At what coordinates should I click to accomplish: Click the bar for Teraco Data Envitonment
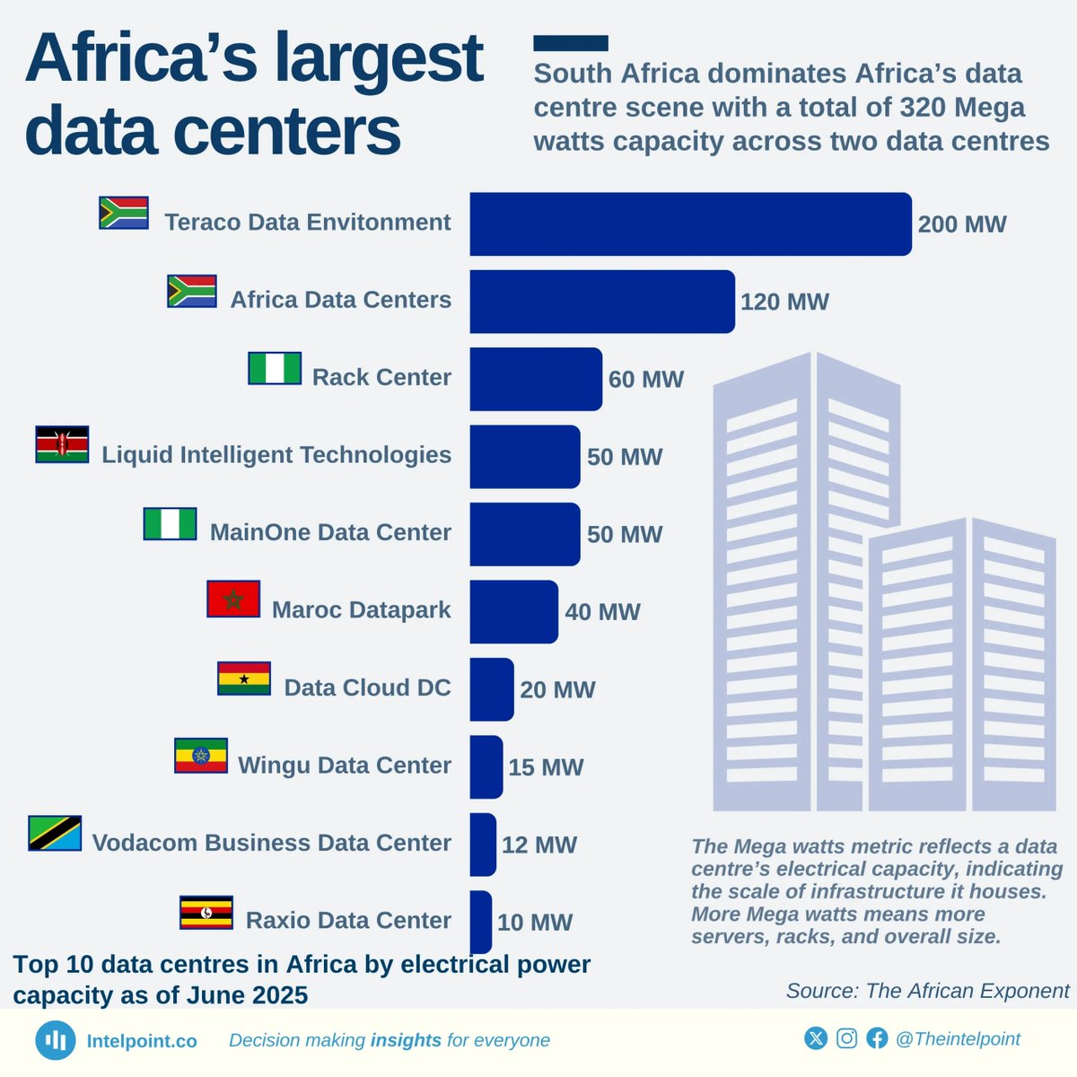(690, 223)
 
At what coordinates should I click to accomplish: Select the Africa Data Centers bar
(601, 302)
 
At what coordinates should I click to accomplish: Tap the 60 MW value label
(645, 380)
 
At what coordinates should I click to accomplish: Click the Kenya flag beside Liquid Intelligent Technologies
(62, 444)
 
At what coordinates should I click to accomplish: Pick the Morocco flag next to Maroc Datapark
(233, 600)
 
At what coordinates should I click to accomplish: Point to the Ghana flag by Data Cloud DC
(244, 679)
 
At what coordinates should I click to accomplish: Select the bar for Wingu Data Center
(486, 767)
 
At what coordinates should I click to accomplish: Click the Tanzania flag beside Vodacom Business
(55, 833)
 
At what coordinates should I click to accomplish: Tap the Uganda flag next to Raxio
(206, 913)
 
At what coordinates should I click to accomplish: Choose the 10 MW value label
(534, 923)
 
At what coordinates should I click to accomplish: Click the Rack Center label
(381, 377)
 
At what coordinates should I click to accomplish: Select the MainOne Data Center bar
(524, 534)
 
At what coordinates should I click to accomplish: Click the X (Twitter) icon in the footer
(816, 1038)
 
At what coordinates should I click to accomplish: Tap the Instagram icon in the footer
(846, 1038)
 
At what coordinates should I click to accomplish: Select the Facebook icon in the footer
(877, 1038)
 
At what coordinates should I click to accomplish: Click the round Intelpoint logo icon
(56, 1040)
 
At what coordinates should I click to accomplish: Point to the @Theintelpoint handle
(958, 1038)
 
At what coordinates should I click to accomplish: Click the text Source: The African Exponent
(927, 991)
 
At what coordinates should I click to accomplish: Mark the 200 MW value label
(961, 224)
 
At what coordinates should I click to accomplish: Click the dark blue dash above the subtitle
(570, 43)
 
